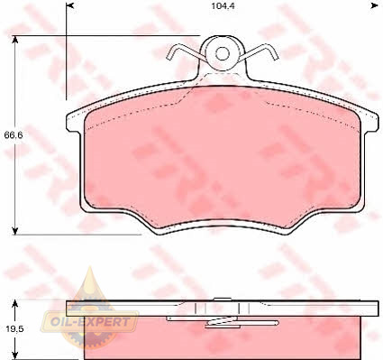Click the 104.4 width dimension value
click(x=223, y=6)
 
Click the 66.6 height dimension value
click(x=14, y=135)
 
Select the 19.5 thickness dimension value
click(x=14, y=328)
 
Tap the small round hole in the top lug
click(x=223, y=54)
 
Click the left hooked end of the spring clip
click(x=174, y=51)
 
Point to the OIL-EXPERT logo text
click(x=90, y=322)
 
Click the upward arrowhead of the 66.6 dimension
click(x=14, y=39)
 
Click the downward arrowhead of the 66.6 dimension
click(x=14, y=231)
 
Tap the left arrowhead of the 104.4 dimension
click(x=69, y=5)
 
